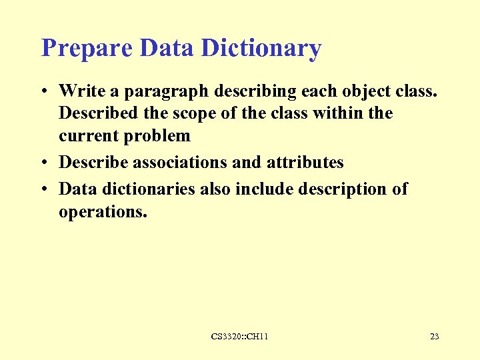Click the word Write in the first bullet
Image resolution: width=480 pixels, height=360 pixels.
(82, 91)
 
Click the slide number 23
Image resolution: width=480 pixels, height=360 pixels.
(434, 337)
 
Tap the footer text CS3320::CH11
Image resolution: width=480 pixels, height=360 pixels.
(239, 337)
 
